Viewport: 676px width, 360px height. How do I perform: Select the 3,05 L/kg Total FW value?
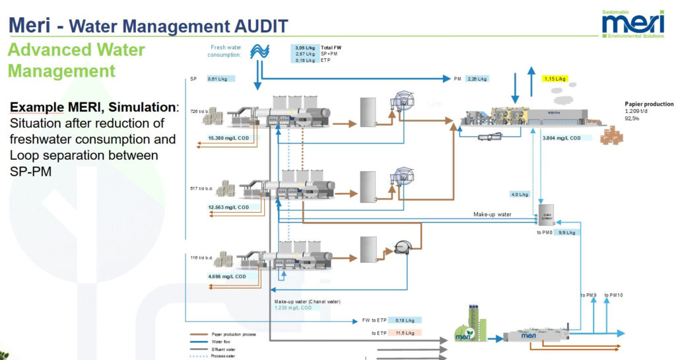click(x=303, y=48)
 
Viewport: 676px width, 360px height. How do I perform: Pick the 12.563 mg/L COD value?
click(x=228, y=207)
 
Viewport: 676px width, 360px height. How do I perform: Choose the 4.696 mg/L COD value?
click(x=226, y=277)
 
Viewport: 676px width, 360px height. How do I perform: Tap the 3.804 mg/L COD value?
click(x=561, y=138)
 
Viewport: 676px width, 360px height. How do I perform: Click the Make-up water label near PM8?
click(x=492, y=215)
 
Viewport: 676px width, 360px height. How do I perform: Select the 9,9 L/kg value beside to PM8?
click(x=567, y=233)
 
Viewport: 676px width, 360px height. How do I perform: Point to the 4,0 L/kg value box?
click(x=520, y=194)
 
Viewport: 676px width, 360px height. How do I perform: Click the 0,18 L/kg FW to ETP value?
click(x=400, y=320)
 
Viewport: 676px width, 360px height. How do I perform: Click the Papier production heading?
click(x=649, y=104)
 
